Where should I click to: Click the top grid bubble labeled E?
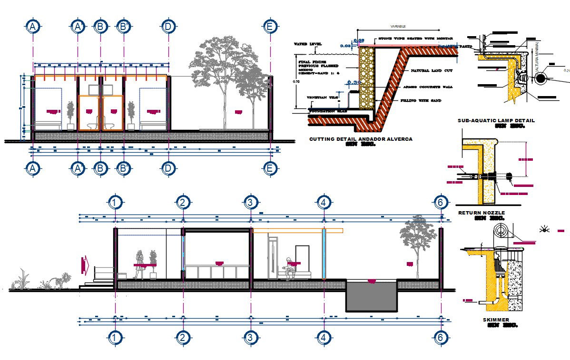click(x=270, y=27)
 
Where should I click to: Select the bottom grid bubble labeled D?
click(x=168, y=168)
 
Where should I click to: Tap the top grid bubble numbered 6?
click(x=441, y=203)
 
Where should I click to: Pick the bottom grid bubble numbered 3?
click(x=250, y=338)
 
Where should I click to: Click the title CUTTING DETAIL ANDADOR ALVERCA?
click(x=361, y=139)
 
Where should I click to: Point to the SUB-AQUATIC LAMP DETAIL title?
click(x=496, y=121)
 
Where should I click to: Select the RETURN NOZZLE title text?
click(x=481, y=213)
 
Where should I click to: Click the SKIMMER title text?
click(x=496, y=320)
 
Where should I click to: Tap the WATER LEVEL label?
click(x=307, y=44)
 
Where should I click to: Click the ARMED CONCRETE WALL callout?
click(x=427, y=87)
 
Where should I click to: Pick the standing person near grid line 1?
click(x=139, y=264)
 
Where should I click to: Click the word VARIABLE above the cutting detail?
click(x=398, y=26)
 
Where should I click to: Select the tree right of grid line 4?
click(x=417, y=245)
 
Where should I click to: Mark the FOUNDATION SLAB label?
click(x=326, y=111)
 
